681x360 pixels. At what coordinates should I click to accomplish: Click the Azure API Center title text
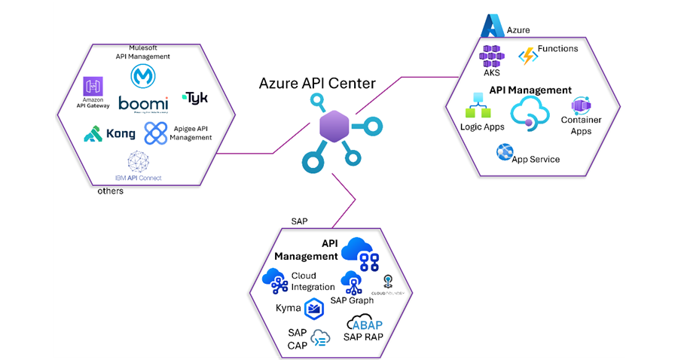point(316,84)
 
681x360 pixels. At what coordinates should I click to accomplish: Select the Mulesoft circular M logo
point(142,76)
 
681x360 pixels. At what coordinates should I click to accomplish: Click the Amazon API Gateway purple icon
point(93,86)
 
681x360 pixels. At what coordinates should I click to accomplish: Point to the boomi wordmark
point(143,104)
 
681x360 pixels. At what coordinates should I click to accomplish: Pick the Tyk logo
point(196,98)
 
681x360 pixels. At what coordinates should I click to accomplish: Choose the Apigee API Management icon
point(156,133)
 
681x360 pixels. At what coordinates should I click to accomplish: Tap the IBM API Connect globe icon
point(138,162)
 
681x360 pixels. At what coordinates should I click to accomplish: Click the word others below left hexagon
point(110,191)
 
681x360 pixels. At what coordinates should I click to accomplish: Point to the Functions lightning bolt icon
point(527,56)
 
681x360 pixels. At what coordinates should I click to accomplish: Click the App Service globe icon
point(504,153)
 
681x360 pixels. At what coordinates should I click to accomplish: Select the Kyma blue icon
point(314,307)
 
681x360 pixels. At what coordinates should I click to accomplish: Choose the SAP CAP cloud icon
point(320,338)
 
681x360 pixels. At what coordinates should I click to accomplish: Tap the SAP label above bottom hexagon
point(299,221)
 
